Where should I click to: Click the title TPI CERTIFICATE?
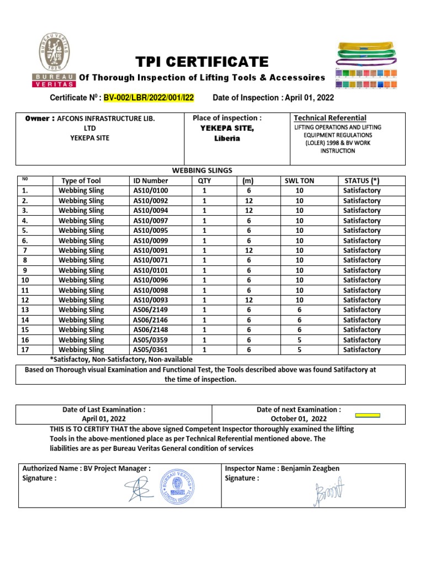[202, 61]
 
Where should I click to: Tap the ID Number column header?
[150, 180]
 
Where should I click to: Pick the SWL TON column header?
[299, 180]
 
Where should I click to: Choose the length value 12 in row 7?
[248, 250]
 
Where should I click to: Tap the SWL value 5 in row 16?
[299, 339]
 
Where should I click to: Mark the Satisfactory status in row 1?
[362, 190]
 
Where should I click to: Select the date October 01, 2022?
[299, 418]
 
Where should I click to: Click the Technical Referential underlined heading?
[330, 118]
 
